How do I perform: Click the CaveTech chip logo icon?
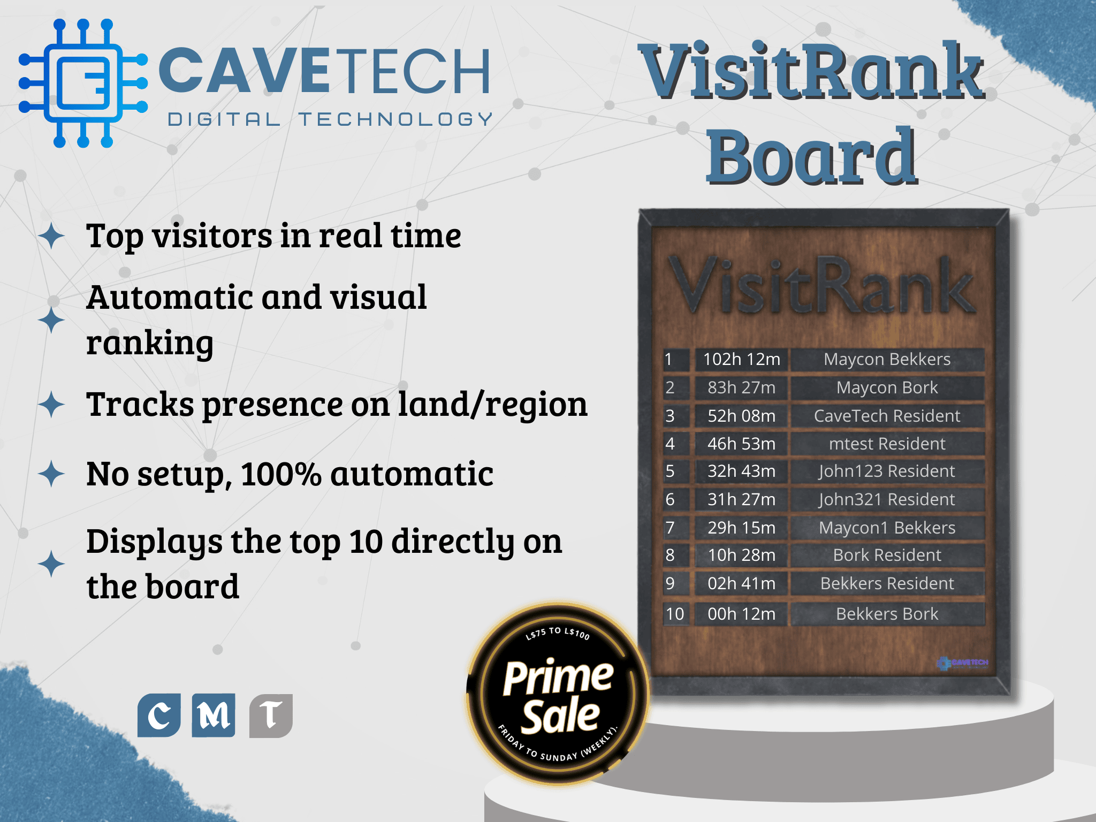(x=83, y=83)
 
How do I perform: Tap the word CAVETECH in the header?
(x=324, y=71)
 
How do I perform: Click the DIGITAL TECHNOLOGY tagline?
(x=330, y=119)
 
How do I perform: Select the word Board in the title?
(x=811, y=156)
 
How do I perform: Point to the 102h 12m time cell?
(x=741, y=359)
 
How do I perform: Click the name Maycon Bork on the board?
(x=887, y=387)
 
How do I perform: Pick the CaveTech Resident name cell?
(x=887, y=416)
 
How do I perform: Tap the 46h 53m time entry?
(x=741, y=444)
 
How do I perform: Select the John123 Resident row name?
(x=887, y=471)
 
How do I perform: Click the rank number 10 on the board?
(x=675, y=614)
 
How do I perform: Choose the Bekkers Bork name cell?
(x=887, y=614)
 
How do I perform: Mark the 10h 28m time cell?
(x=741, y=555)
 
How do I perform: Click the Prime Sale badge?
(x=558, y=694)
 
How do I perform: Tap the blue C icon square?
(x=159, y=716)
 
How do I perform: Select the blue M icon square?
(x=214, y=716)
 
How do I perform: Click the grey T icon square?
(x=271, y=716)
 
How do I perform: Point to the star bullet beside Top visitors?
(x=52, y=236)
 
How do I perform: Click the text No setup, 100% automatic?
(x=290, y=475)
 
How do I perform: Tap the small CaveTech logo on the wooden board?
(x=962, y=663)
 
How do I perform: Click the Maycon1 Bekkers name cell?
(x=887, y=528)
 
